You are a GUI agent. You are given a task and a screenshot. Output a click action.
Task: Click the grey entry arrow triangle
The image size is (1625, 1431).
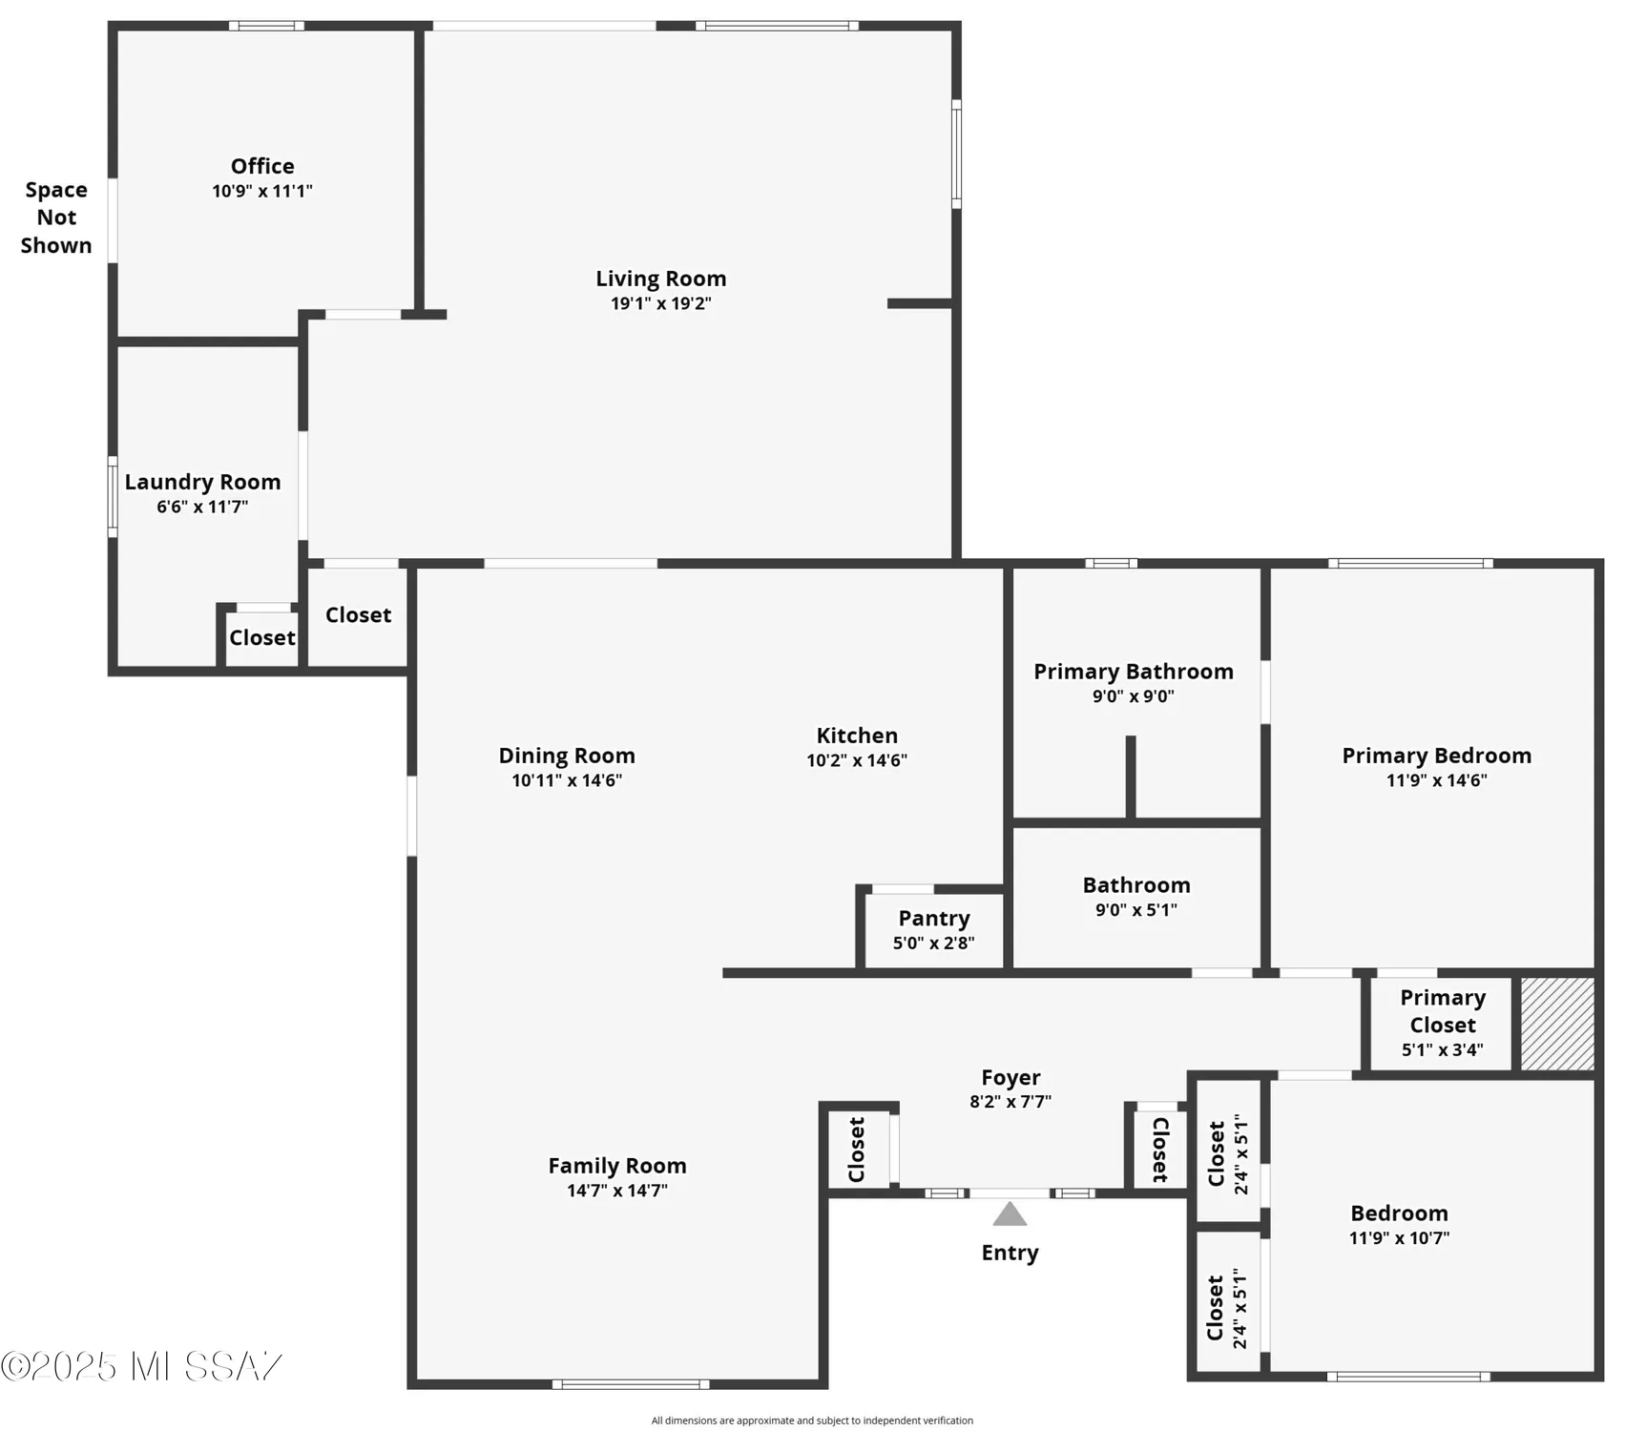1010,1214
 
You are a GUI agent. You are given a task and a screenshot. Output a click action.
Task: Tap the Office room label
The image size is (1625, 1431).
262,166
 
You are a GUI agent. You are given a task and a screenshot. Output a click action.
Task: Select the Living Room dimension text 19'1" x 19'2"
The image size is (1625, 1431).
661,303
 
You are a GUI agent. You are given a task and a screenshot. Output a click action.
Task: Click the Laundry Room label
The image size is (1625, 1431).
202,482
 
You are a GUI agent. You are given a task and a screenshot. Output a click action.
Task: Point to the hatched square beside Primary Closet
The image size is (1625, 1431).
1556,1024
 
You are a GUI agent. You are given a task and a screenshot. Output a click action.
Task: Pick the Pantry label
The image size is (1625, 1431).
934,918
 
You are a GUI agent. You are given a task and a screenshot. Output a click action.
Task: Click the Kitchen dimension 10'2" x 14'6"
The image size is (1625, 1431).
857,760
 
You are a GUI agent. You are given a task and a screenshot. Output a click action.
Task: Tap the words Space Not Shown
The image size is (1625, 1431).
56,218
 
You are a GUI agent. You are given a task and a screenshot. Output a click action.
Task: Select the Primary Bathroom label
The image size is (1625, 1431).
1134,672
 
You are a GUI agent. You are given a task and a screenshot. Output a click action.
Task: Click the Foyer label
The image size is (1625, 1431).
1010,1077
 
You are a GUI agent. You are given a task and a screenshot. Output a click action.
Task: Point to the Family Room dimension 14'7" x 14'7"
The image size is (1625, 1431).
617,1191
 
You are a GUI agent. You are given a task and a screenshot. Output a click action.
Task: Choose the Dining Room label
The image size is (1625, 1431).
567,756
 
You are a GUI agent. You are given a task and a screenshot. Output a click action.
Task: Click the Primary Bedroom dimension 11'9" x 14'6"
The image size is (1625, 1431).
1436,780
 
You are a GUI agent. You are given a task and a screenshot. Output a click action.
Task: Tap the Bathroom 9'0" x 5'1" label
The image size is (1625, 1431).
1136,885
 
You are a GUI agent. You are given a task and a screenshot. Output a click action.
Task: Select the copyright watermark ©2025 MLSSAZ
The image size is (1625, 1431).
141,1367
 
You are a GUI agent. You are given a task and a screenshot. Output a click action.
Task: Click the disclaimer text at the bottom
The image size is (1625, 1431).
812,1421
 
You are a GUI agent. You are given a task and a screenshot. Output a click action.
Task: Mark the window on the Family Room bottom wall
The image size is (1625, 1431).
631,1384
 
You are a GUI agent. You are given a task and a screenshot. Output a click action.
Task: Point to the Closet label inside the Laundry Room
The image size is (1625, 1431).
261,637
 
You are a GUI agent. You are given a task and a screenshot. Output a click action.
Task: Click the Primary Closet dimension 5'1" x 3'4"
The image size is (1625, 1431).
1442,1050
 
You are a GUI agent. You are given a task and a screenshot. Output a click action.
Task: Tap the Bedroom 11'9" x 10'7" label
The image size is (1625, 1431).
1399,1213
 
